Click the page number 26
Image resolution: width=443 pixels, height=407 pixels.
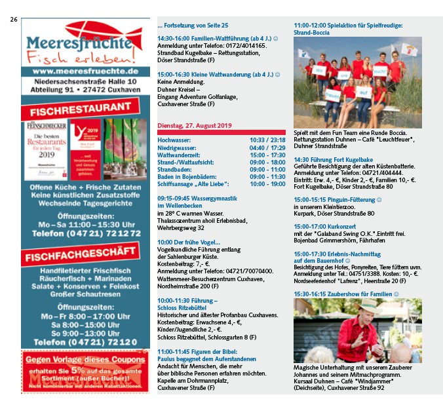pyautogui.click(x=13, y=20)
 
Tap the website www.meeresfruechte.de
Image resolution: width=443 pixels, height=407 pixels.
pyautogui.click(x=85, y=71)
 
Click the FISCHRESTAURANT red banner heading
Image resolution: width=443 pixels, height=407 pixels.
pyautogui.click(x=85, y=107)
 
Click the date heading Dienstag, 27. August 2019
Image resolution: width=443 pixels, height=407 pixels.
pyautogui.click(x=195, y=125)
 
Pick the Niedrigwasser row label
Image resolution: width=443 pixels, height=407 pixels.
pyautogui.click(x=178, y=147)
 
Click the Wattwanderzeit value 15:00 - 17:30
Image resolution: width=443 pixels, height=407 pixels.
pyautogui.click(x=267, y=155)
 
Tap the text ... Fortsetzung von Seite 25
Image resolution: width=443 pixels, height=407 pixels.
pyautogui.click(x=193, y=25)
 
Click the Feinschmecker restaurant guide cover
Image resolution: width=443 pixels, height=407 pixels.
pyautogui.click(x=46, y=149)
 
